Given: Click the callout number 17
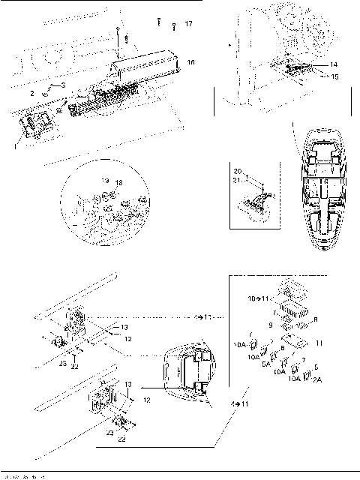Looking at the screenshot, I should point(187,25).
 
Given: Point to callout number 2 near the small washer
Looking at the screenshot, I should point(32,93).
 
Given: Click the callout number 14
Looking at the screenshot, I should point(334,66).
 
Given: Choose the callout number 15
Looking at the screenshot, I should point(334,76).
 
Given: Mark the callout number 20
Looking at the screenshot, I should point(238,172).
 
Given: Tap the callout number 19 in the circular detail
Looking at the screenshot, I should point(105,181).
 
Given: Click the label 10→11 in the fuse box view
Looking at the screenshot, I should point(259,298).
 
